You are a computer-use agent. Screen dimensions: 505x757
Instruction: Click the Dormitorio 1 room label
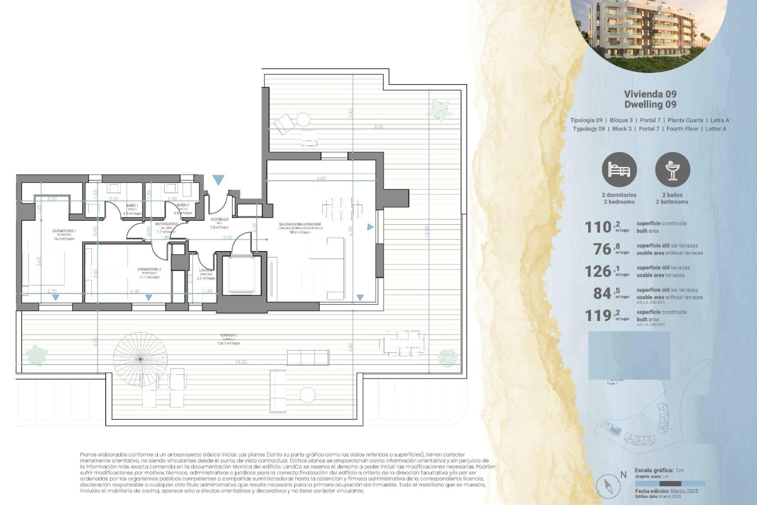tap(64, 231)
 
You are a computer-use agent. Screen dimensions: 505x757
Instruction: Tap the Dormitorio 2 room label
tap(149, 269)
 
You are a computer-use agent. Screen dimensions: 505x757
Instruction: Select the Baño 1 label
tap(132, 206)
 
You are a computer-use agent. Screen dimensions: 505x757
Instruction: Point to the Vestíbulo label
tap(219, 219)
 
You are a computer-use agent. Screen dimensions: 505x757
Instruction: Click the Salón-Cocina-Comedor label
tap(300, 224)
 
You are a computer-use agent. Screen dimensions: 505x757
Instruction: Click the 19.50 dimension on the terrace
tap(241, 362)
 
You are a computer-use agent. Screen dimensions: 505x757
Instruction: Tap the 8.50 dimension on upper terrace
tap(378, 127)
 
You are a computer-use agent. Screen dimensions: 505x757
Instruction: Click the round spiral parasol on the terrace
tap(140, 359)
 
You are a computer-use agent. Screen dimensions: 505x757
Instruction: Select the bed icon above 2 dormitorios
tap(619, 170)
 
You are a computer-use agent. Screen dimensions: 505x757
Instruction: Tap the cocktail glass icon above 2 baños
tap(673, 170)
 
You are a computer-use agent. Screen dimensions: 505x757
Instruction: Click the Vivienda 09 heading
tap(650, 94)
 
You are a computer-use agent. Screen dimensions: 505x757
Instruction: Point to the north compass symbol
tap(606, 486)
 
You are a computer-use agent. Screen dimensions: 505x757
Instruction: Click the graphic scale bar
tap(670, 484)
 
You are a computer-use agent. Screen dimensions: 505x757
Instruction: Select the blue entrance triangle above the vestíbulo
tap(218, 180)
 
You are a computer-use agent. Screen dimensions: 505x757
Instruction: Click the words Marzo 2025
tap(684, 491)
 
